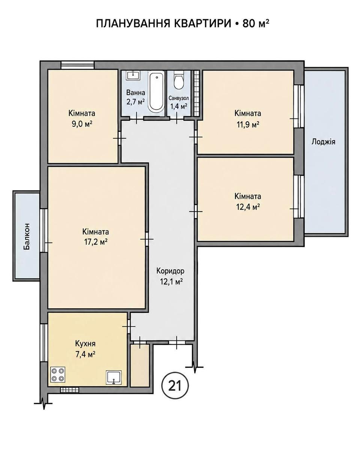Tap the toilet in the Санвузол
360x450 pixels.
(x=178, y=80)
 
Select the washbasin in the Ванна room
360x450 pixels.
(x=133, y=75)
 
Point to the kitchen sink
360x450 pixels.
(x=114, y=378)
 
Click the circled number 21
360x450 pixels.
(x=175, y=386)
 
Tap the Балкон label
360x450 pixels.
(x=27, y=237)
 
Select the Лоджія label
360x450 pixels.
(x=323, y=142)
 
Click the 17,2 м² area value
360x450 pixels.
(x=95, y=242)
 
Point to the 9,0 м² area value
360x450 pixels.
(x=82, y=124)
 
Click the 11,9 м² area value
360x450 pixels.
(x=247, y=125)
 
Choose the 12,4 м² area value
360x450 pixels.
(x=248, y=207)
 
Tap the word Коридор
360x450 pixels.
(x=170, y=271)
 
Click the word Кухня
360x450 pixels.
(x=85, y=343)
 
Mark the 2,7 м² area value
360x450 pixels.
(x=135, y=102)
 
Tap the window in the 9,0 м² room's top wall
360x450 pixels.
(x=77, y=65)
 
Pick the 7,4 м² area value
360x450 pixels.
(x=85, y=354)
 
